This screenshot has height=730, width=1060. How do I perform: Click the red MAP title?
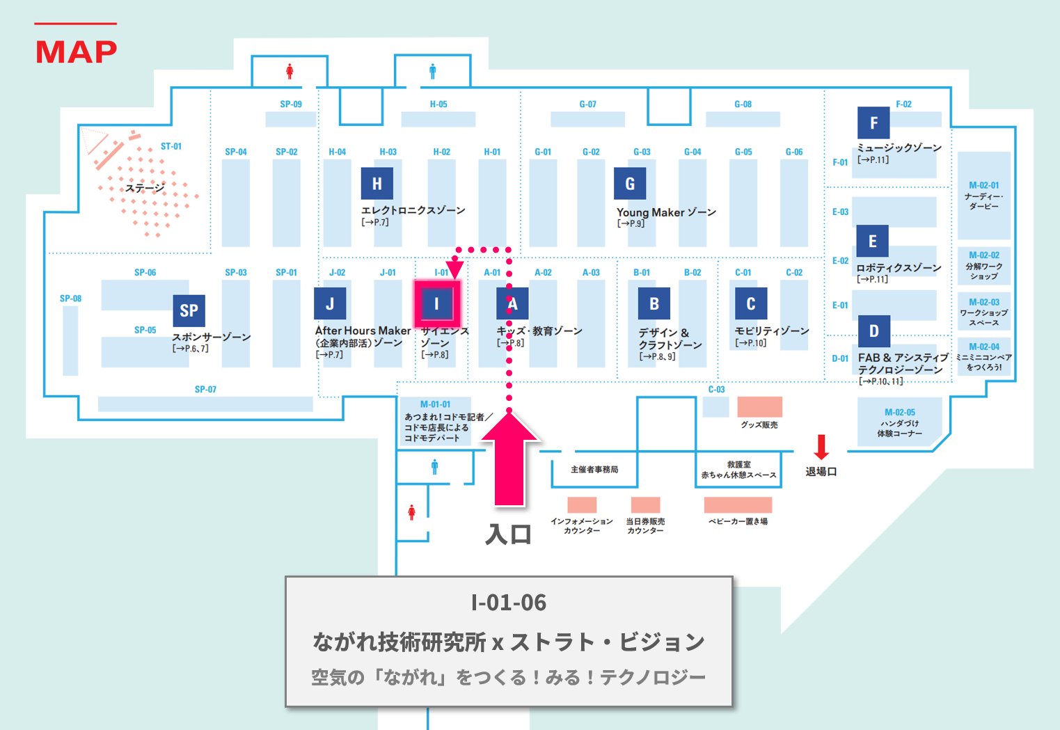[76, 51]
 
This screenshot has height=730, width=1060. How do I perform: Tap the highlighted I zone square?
[436, 303]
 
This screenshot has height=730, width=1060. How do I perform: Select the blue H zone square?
[377, 183]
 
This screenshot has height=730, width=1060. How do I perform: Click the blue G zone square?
[629, 183]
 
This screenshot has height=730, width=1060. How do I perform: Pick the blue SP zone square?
[189, 310]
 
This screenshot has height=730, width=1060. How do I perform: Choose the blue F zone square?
[873, 123]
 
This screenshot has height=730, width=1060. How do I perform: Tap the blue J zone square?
[330, 303]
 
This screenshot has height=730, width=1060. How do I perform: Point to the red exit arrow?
[821, 447]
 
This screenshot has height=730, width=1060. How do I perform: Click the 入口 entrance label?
[509, 534]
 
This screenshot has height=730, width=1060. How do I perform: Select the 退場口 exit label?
[821, 472]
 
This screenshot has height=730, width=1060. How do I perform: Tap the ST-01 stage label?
[171, 146]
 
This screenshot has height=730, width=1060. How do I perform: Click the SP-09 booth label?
[291, 104]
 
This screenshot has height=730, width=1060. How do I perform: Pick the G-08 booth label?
[743, 104]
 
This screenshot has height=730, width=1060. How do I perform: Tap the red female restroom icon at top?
[290, 71]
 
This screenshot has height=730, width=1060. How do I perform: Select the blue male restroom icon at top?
[432, 71]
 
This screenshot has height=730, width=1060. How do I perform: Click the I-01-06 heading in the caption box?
[509, 602]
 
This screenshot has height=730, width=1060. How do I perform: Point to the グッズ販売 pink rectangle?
[759, 406]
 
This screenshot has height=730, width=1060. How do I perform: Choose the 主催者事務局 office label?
[594, 470]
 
